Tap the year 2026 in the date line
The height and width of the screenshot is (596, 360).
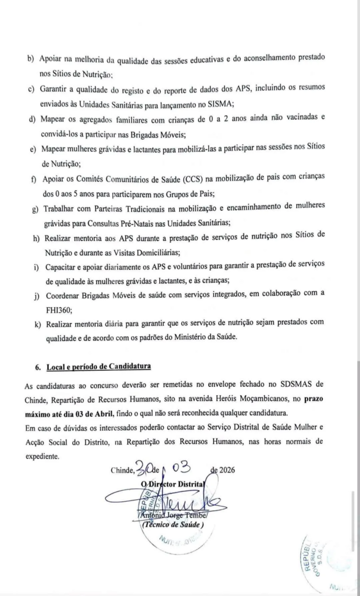(x=224, y=469)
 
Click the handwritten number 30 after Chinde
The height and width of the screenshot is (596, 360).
(x=142, y=466)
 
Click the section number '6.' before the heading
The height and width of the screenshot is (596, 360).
(x=38, y=367)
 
